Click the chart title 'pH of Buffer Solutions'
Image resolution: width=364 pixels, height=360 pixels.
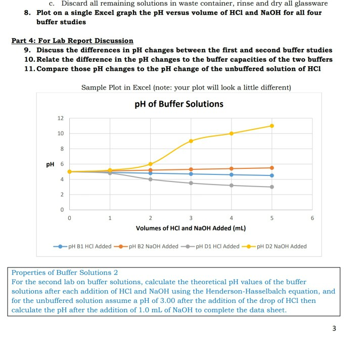pos(179,104)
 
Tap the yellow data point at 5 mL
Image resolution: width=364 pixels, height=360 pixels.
pos(271,126)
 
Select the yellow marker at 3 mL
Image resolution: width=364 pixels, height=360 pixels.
pos(191,141)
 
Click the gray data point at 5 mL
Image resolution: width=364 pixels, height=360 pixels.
pos(271,187)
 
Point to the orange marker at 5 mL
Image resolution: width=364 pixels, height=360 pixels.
pos(271,168)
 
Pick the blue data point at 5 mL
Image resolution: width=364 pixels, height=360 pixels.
pos(271,175)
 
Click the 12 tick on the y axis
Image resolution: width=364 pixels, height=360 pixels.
pos(60,118)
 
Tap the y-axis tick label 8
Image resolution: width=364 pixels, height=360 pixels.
pos(61,149)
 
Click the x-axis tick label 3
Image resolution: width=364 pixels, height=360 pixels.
pos(191,218)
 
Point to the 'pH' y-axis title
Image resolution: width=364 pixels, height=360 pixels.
pos(51,164)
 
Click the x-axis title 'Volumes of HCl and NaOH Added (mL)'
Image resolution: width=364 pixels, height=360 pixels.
pos(191,228)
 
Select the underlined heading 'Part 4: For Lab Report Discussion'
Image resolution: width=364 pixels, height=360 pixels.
pos(72,40)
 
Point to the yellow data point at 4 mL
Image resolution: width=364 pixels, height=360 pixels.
pos(231,133)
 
